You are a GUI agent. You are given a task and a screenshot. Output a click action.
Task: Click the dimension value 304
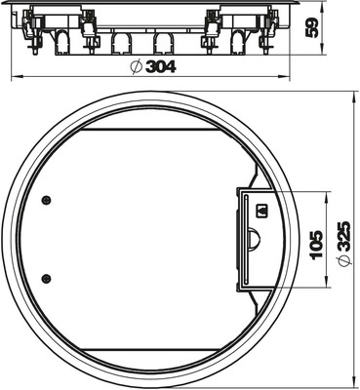(161, 67)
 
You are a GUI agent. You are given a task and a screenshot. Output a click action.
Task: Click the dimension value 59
(312, 28)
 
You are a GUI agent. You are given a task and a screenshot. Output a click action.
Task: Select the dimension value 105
(316, 245)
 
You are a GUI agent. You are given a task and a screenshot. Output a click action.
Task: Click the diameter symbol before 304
(137, 67)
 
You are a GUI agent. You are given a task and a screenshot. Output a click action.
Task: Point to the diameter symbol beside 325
(343, 261)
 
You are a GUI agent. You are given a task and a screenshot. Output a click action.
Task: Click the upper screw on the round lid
(47, 200)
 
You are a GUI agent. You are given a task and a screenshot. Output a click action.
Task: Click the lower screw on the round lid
(47, 278)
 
